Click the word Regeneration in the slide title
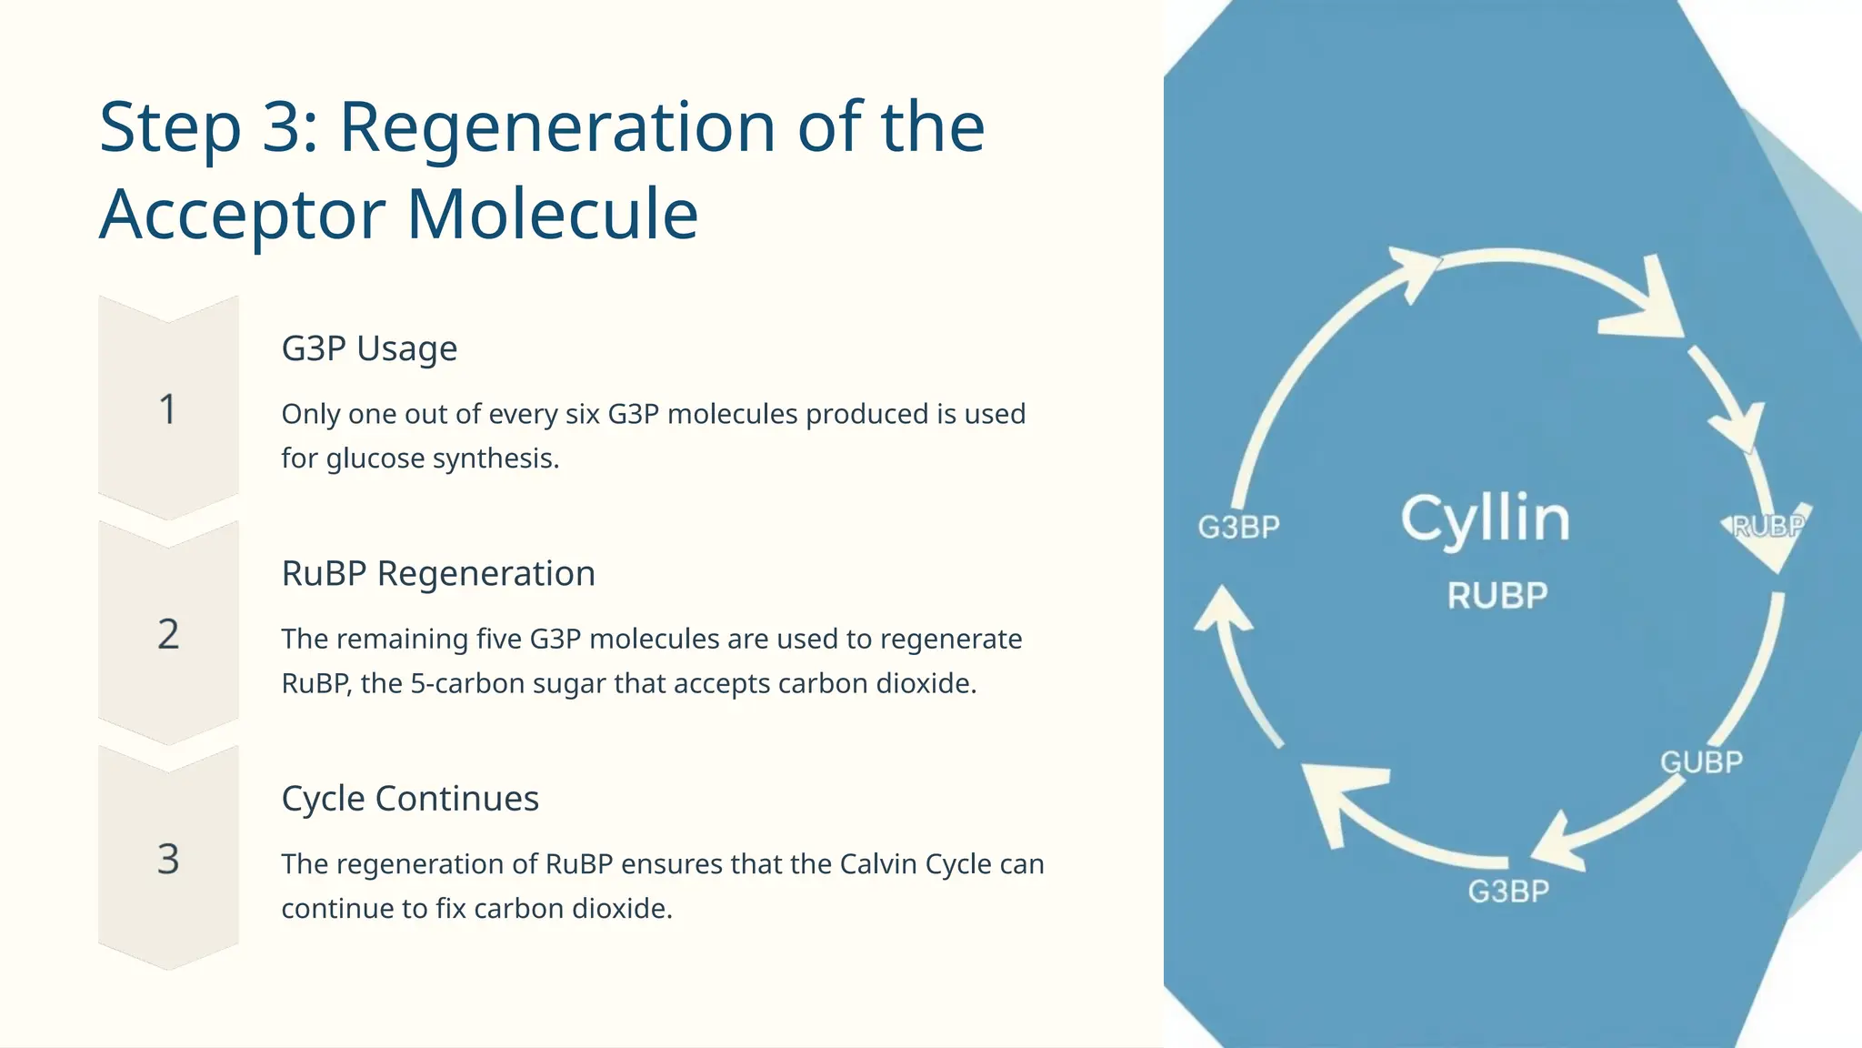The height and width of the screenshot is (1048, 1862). click(x=557, y=127)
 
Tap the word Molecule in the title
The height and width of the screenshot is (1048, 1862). click(x=552, y=215)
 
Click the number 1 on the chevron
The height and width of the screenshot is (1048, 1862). click(x=167, y=409)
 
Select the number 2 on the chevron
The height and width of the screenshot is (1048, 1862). click(x=168, y=634)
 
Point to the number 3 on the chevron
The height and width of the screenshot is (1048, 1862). click(x=168, y=859)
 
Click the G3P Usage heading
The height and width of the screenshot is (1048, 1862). click(x=369, y=348)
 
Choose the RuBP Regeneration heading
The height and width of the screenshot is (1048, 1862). click(x=438, y=573)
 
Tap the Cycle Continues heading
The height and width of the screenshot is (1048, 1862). click(x=410, y=798)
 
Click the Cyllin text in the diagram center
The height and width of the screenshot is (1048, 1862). click(x=1485, y=519)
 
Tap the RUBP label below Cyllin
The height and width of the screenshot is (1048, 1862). click(x=1497, y=596)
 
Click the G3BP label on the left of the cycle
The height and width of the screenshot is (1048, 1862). click(x=1238, y=527)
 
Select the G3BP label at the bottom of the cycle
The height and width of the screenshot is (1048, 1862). click(x=1508, y=892)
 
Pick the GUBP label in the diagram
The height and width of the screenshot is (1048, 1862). click(x=1701, y=762)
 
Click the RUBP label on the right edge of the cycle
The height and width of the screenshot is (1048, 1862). click(x=1767, y=526)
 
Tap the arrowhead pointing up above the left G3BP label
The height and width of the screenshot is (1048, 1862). click(x=1223, y=608)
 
